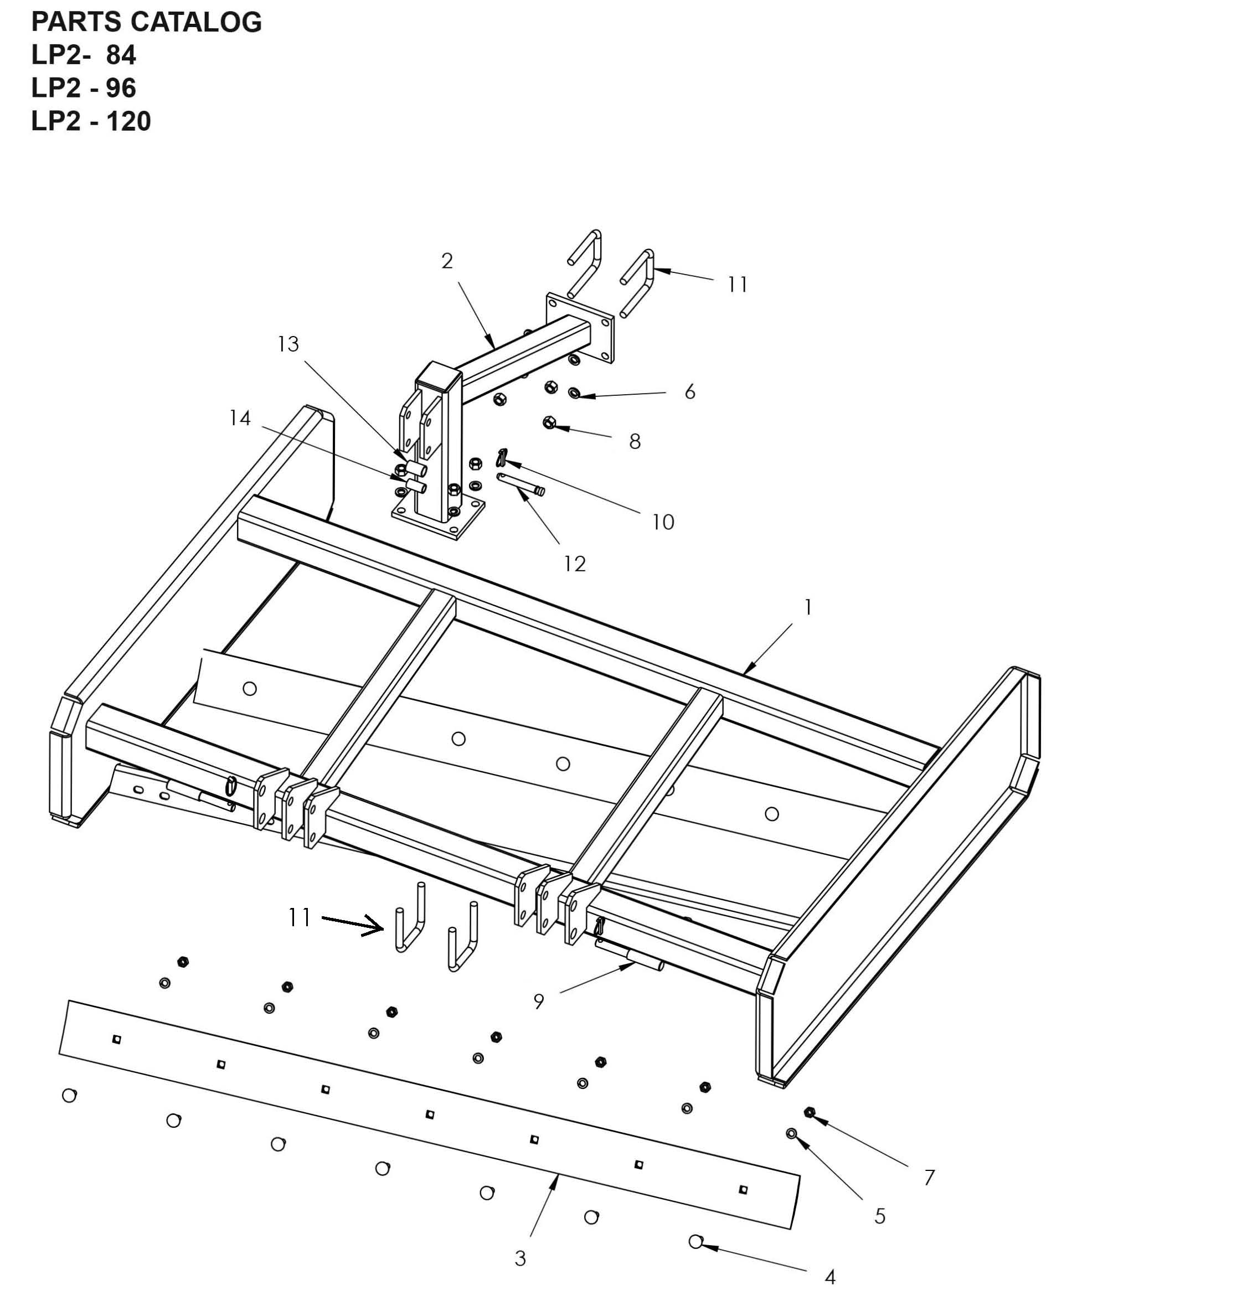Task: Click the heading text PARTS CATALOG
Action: pos(146,22)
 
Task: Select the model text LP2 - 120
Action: pos(91,121)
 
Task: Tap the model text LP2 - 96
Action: pos(84,89)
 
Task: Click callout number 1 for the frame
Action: pos(808,607)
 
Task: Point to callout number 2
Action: pos(447,262)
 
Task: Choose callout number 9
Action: pos(539,1002)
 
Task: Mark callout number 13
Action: pos(288,344)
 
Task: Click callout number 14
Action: pos(240,418)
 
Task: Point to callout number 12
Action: pos(574,564)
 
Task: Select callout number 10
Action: pos(663,522)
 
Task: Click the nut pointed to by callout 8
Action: pos(549,422)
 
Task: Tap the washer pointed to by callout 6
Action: pos(574,393)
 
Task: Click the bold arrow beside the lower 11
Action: pos(353,923)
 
